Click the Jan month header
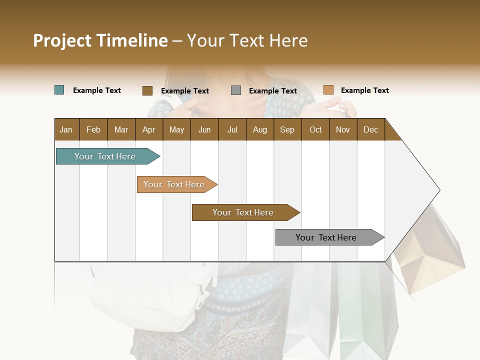pyautogui.click(x=66, y=129)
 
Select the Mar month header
pyautogui.click(x=121, y=129)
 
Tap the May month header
pyautogui.click(x=176, y=129)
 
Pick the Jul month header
pyautogui.click(x=232, y=129)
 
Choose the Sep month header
pyautogui.click(x=287, y=129)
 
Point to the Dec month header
pyautogui.click(x=370, y=129)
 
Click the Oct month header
pyautogui.click(x=315, y=129)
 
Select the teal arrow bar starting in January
pyautogui.click(x=105, y=156)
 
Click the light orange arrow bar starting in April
pyautogui.click(x=174, y=184)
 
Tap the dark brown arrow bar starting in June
pyautogui.click(x=243, y=212)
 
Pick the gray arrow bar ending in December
pyautogui.click(x=326, y=237)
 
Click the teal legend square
pyautogui.click(x=59, y=90)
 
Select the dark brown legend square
pyautogui.click(x=147, y=90)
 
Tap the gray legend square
pyautogui.click(x=236, y=90)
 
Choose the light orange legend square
pyautogui.click(x=328, y=90)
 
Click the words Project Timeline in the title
pyautogui.click(x=100, y=40)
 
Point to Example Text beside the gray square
pyautogui.click(x=272, y=90)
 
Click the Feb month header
pyautogui.click(x=93, y=129)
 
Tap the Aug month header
pyautogui.click(x=259, y=129)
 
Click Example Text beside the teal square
pyautogui.click(x=96, y=90)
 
